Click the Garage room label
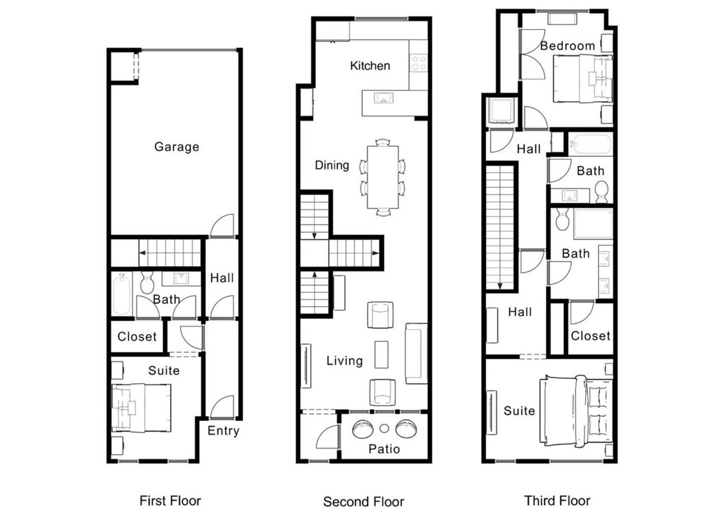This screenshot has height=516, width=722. coord(176,147)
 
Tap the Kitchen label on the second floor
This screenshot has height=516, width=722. coord(370,66)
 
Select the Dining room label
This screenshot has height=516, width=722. coord(332,165)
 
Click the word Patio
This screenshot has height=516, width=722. coord(384,449)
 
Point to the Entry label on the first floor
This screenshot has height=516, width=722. coord(223,431)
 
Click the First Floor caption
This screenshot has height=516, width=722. coord(170,500)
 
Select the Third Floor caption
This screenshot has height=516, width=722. coord(557,500)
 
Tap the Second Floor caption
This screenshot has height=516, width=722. coord(363,501)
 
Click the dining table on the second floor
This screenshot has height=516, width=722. coord(383,176)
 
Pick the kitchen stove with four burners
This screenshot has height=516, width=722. coord(418,63)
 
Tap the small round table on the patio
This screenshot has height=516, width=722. coord(384,429)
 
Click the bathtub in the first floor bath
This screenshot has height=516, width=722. coord(122,293)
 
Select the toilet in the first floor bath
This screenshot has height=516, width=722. coord(147,282)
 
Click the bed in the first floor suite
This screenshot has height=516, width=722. coord(141,407)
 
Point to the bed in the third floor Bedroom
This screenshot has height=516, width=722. coord(582,79)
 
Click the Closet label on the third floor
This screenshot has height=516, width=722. coord(590,336)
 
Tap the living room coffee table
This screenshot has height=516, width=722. coord(382,354)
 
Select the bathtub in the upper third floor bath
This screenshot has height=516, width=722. coord(591,145)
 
